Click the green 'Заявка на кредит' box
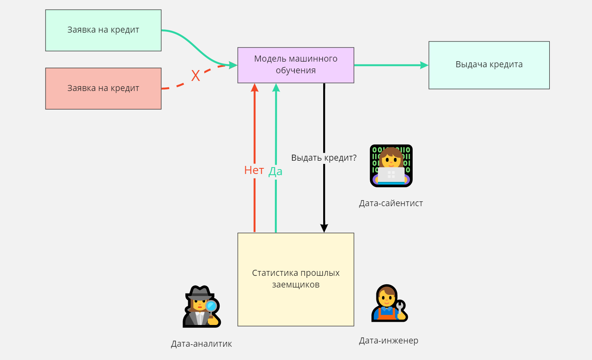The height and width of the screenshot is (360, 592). pyautogui.click(x=103, y=30)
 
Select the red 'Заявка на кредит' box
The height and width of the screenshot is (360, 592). pyautogui.click(x=103, y=89)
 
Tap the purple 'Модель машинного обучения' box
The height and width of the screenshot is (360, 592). pyautogui.click(x=296, y=65)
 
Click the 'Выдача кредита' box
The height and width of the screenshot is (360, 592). pyautogui.click(x=489, y=65)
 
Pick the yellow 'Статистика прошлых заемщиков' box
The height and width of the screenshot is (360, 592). pyautogui.click(x=296, y=279)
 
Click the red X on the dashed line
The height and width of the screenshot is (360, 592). pyautogui.click(x=195, y=76)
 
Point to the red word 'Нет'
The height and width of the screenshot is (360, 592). pyautogui.click(x=254, y=170)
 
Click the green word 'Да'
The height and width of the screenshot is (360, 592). pyautogui.click(x=275, y=172)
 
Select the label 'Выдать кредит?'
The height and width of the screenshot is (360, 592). pyautogui.click(x=324, y=158)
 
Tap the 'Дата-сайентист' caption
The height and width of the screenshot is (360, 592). pyautogui.click(x=391, y=203)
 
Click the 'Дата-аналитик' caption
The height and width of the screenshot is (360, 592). pyautogui.click(x=201, y=344)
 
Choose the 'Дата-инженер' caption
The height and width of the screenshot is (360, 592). pyautogui.click(x=388, y=341)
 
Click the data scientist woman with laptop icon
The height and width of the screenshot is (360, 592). pyautogui.click(x=391, y=166)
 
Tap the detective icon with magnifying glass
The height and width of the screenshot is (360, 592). pyautogui.click(x=201, y=306)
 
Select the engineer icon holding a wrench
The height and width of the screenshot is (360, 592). pyautogui.click(x=390, y=303)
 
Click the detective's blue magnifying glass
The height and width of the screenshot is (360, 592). pyautogui.click(x=211, y=306)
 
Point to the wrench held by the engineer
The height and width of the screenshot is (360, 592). pyautogui.click(x=400, y=307)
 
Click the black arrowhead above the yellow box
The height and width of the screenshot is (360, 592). pyautogui.click(x=324, y=228)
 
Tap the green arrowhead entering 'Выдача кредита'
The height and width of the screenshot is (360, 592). pyautogui.click(x=424, y=65)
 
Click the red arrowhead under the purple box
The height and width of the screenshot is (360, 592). pyautogui.click(x=255, y=88)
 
